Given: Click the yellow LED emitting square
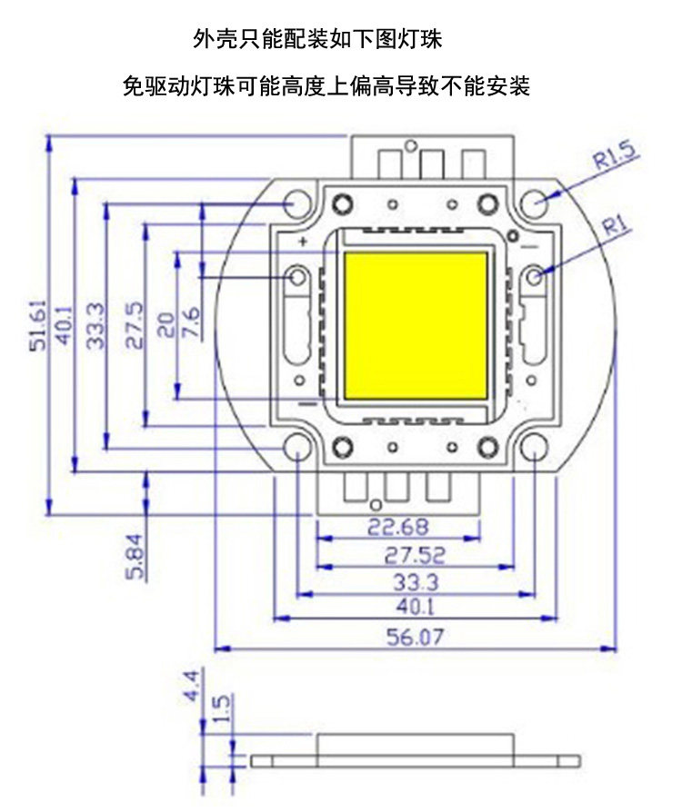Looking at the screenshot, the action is pyautogui.click(x=416, y=326).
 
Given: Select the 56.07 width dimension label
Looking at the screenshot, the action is pyautogui.click(x=416, y=637).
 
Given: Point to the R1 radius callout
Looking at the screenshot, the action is pyautogui.click(x=616, y=224).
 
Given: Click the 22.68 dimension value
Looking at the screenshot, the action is pyautogui.click(x=397, y=526).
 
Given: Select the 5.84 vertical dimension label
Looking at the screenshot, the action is pyautogui.click(x=135, y=556).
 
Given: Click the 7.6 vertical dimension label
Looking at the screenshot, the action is pyautogui.click(x=191, y=322).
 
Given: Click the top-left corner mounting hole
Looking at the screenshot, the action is pyautogui.click(x=296, y=204).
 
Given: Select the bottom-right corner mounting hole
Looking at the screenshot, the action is pyautogui.click(x=535, y=449).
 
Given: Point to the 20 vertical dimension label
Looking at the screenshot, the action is pyautogui.click(x=165, y=324).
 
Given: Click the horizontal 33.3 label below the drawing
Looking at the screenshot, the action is pyautogui.click(x=415, y=582).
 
